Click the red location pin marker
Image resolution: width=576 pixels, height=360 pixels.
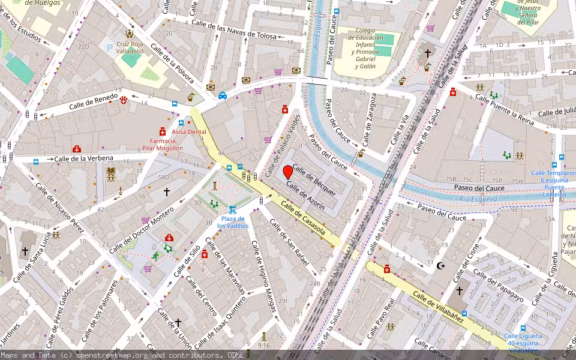point(288,172)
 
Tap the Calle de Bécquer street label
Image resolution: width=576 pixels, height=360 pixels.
point(314,179)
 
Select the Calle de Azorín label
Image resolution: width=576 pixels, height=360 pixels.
point(306,196)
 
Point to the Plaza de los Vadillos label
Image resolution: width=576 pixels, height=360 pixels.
point(233,222)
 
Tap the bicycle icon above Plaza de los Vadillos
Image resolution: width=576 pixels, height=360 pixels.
point(232,210)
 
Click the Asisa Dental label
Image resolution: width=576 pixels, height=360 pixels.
point(189,132)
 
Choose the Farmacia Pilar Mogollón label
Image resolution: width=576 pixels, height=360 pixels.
point(163,144)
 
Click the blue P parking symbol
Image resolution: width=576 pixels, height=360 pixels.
point(109,47)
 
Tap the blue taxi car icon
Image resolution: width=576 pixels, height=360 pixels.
point(223,95)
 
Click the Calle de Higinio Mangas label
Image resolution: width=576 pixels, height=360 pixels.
point(264,277)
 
